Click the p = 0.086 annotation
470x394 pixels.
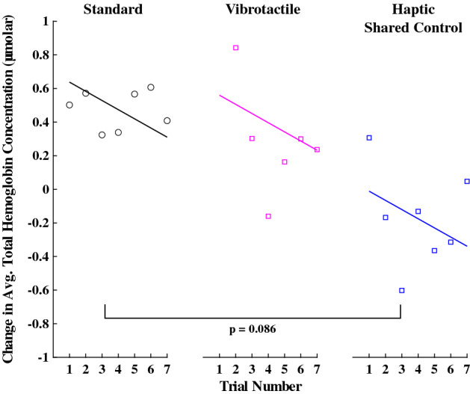click(x=253, y=328)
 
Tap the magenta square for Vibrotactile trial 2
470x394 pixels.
click(x=235, y=48)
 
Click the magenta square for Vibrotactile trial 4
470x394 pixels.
click(x=268, y=216)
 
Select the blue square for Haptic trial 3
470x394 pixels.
click(x=402, y=290)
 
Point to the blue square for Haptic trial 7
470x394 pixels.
click(x=467, y=181)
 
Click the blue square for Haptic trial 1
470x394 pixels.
click(x=369, y=138)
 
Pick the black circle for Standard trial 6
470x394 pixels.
click(x=151, y=87)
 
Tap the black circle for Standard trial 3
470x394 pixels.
click(x=102, y=135)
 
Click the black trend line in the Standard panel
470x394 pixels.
click(x=118, y=109)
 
